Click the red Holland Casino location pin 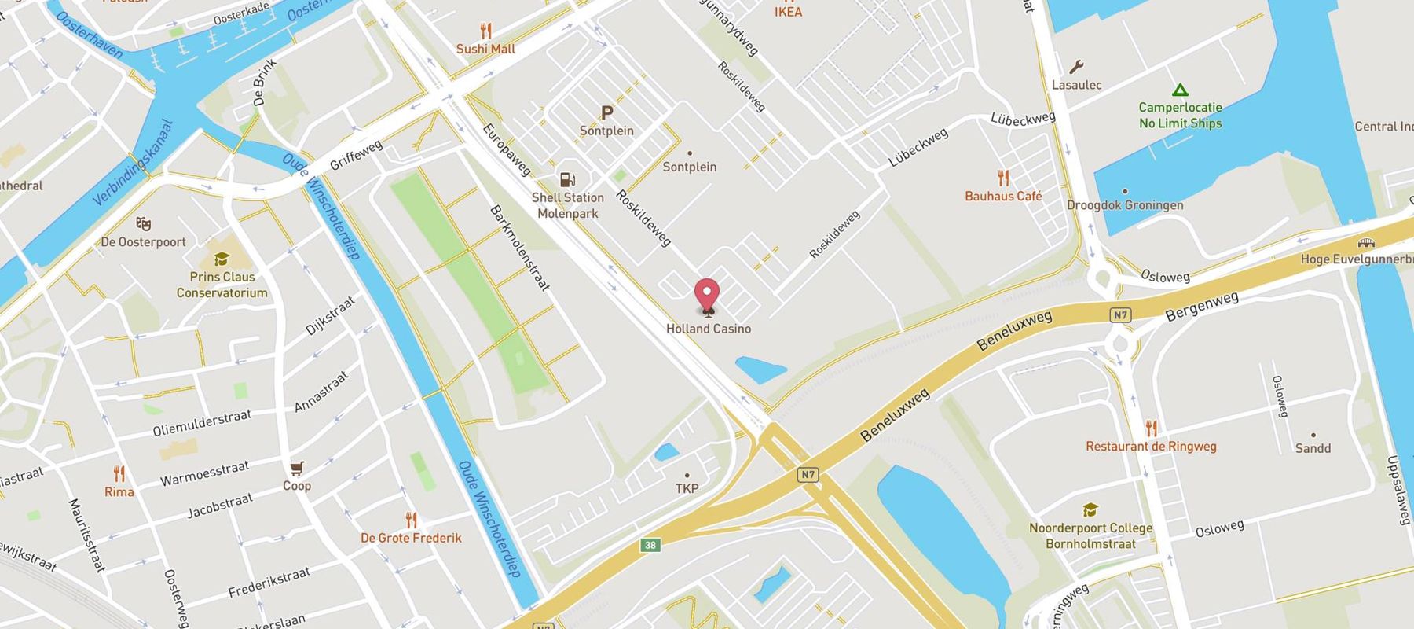tap(707, 296)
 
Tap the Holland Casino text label tap(709, 329)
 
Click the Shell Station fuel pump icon tap(566, 179)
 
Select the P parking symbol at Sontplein tap(606, 113)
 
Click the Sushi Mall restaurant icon tap(485, 31)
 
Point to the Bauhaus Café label tap(1003, 196)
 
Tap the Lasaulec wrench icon tap(1076, 67)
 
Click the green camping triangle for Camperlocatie tap(1179, 90)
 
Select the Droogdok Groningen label tap(1125, 205)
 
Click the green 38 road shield tap(650, 544)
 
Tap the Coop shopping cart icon tap(296, 469)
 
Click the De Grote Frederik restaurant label tap(411, 538)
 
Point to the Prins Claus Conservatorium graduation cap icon tap(222, 259)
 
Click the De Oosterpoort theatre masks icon tap(143, 224)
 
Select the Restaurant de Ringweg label tap(1151, 447)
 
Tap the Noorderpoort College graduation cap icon tap(1090, 510)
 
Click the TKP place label tap(687, 488)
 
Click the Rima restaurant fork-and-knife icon tap(119, 473)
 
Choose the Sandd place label tap(1313, 448)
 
